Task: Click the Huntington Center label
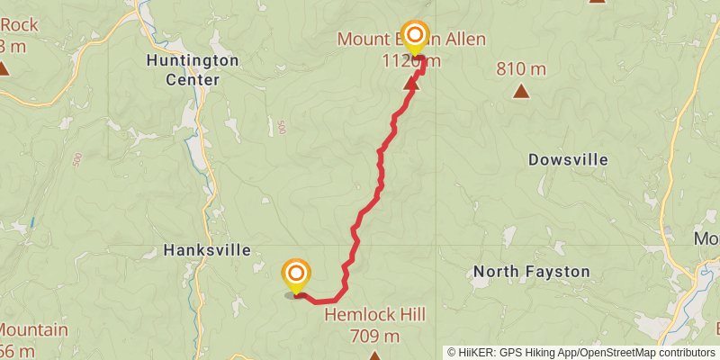tap(193, 70)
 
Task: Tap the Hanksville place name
tap(206, 250)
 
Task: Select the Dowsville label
tap(568, 159)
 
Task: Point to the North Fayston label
tap(532, 271)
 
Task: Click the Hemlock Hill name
tap(374, 315)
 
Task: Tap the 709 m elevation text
tap(375, 336)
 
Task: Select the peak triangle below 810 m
tap(521, 90)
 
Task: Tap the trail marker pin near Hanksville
tap(296, 275)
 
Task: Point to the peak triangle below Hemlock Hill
tap(374, 356)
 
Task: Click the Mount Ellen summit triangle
tap(413, 83)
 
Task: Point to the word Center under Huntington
tap(193, 79)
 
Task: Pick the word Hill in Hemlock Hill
tap(409, 315)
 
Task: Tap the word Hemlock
tap(357, 315)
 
